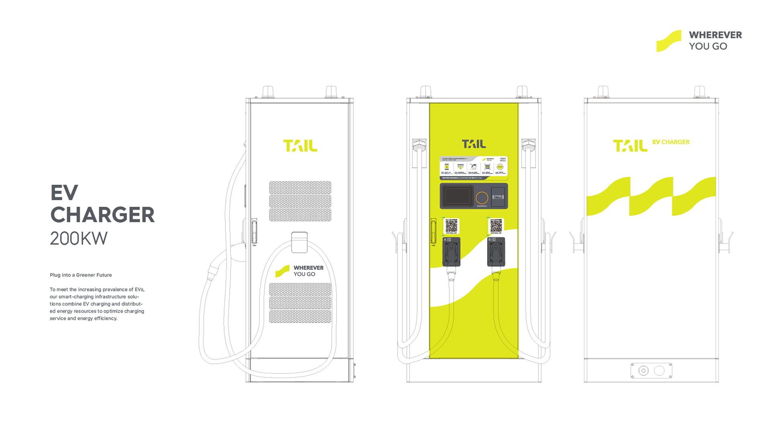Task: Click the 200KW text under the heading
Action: pyautogui.click(x=78, y=238)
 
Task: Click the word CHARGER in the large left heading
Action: pyautogui.click(x=102, y=215)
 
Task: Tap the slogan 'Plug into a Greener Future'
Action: pyautogui.click(x=81, y=275)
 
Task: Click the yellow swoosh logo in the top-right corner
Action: pyautogui.click(x=669, y=41)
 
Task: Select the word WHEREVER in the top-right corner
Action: pyautogui.click(x=716, y=35)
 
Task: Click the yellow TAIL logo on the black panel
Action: pyautogui.click(x=300, y=146)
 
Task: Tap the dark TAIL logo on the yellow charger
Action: pyautogui.click(x=474, y=144)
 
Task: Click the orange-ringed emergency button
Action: pyautogui.click(x=482, y=197)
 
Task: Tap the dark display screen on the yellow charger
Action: pyautogui.click(x=458, y=196)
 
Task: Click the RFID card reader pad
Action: pyautogui.click(x=498, y=197)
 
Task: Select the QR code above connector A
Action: pyautogui.click(x=451, y=226)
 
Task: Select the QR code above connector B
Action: pyautogui.click(x=496, y=226)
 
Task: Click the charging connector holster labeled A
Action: pyautogui.click(x=451, y=252)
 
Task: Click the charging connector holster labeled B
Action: pyautogui.click(x=496, y=252)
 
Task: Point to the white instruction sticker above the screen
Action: pyautogui.click(x=474, y=167)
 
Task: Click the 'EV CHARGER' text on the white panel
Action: pyautogui.click(x=671, y=142)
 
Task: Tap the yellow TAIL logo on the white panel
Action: pyautogui.click(x=630, y=146)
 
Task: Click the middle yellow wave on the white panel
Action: pyautogui.click(x=651, y=196)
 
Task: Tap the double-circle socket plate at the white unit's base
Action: pyautogui.click(x=651, y=370)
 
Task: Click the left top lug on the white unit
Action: pyautogui.click(x=603, y=91)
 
